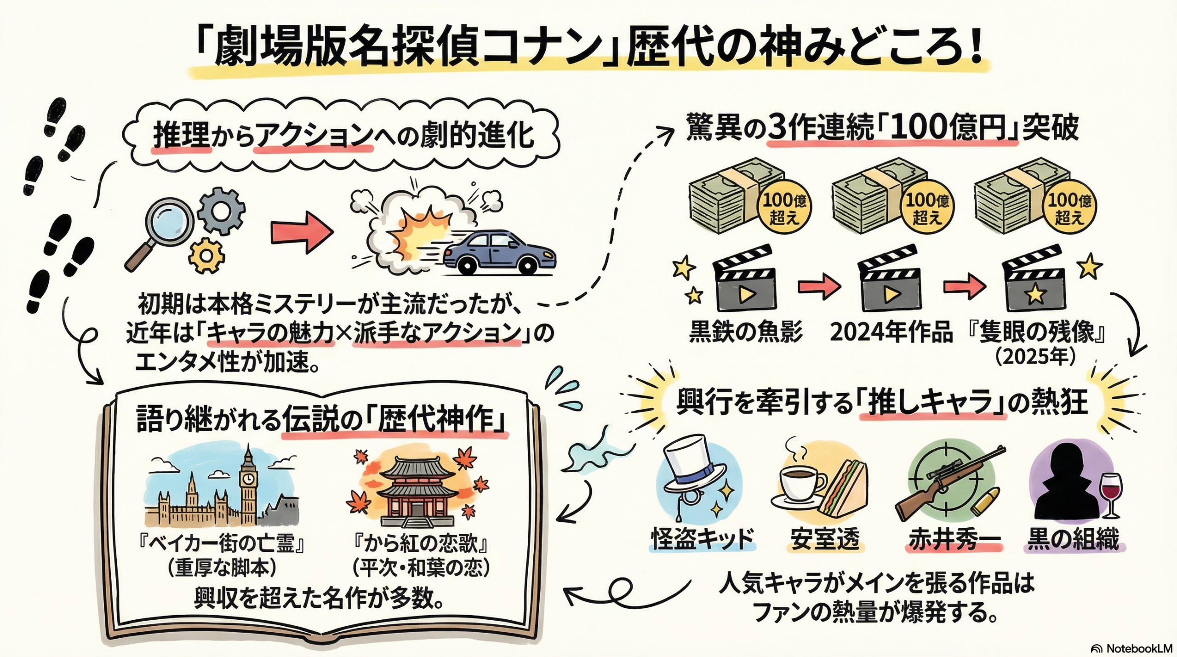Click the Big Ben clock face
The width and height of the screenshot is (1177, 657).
coord(248,480)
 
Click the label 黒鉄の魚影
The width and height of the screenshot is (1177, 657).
coord(745,332)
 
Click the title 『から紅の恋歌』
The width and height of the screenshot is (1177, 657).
coord(421,544)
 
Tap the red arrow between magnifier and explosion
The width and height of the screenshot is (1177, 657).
coord(302,232)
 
